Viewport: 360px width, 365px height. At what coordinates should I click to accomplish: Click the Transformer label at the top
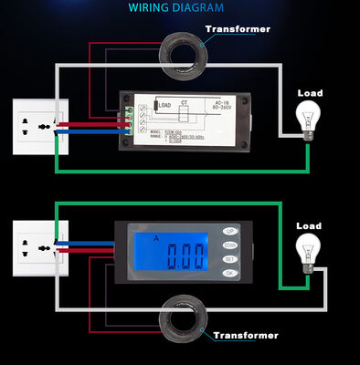238,29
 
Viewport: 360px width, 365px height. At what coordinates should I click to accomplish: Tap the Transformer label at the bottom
245,335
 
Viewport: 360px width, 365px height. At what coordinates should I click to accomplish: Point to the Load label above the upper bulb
311,92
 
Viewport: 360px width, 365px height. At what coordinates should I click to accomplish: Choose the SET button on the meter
229,258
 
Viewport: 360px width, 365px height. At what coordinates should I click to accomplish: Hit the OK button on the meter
229,272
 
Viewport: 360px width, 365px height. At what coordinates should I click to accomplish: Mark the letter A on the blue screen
157,237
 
